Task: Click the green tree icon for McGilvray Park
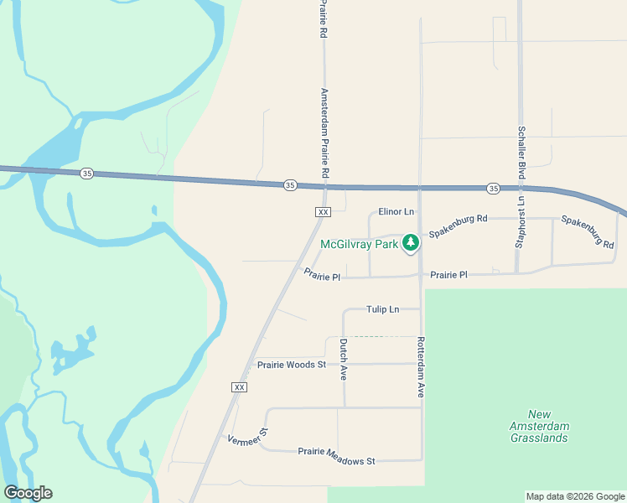[x=410, y=243]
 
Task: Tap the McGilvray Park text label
[x=360, y=244]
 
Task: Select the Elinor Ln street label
[x=396, y=212]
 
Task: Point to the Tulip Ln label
[x=381, y=309]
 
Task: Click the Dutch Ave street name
[x=343, y=360]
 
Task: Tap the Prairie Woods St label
[x=291, y=365]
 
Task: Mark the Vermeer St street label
[x=247, y=437]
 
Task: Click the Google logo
[x=28, y=493]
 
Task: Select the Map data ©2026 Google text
[x=574, y=496]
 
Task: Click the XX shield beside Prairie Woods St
[x=239, y=386]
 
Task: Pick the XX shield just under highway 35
[x=323, y=212]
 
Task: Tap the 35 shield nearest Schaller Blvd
[x=493, y=188]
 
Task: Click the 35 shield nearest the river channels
[x=86, y=174]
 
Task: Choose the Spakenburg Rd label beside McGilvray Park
[x=458, y=226]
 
